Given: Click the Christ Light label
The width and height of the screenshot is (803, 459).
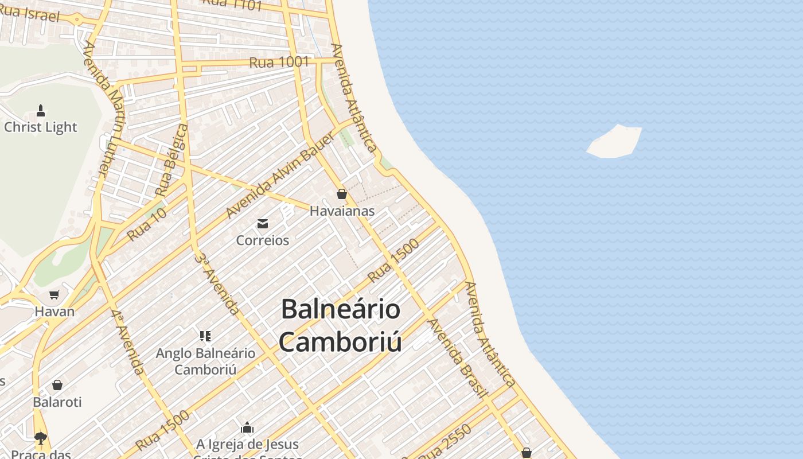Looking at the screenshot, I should tap(40, 127).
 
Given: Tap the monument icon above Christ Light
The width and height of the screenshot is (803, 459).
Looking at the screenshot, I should tap(41, 110).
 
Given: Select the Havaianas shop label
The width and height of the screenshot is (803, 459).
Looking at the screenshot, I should tap(342, 211).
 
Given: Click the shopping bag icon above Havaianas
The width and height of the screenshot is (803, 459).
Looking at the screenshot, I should tap(342, 194).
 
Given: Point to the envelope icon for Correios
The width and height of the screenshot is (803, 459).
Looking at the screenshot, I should tap(263, 223).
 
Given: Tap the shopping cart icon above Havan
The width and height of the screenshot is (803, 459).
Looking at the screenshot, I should tap(54, 295).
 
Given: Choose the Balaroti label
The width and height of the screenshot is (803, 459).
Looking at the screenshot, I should tap(57, 402).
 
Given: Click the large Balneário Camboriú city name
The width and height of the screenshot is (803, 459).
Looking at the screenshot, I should tap(340, 325).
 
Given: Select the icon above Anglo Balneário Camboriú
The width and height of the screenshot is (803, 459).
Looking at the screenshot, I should tap(205, 336).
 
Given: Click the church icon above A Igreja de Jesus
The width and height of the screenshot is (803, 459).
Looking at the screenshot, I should tap(247, 427).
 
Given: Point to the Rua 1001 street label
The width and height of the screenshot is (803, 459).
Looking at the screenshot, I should tap(279, 61).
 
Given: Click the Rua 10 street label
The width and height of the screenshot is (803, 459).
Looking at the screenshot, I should tap(147, 224).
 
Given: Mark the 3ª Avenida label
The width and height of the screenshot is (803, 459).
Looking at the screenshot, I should tap(217, 283).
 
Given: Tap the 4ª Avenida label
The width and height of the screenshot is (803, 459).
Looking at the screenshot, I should tap(128, 342).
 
